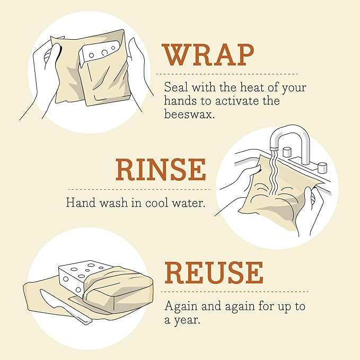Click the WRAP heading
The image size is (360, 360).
pyautogui.click(x=208, y=55)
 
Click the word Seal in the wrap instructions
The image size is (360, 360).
pyautogui.click(x=174, y=87)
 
